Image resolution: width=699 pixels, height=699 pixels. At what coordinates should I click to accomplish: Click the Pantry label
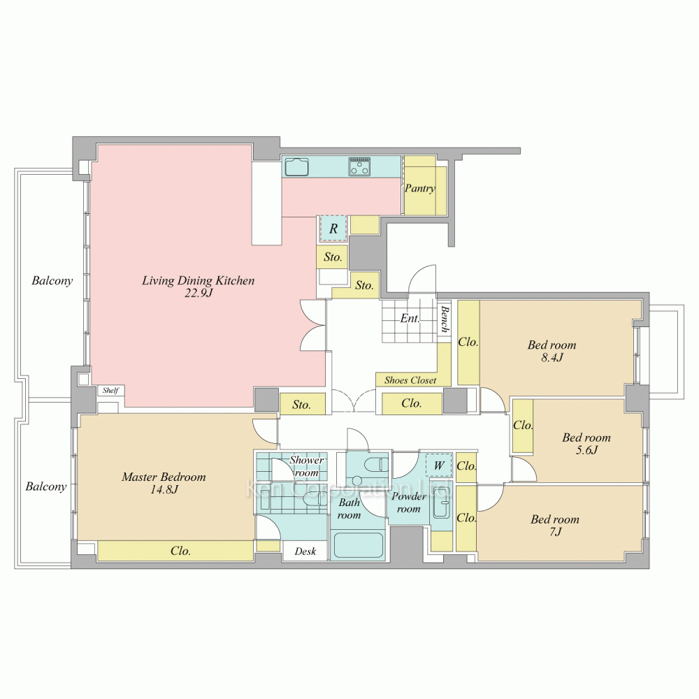point(419,189)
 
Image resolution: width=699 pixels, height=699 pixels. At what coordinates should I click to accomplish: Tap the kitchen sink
point(296,167)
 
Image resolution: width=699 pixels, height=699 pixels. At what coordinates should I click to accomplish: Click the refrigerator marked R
point(333,229)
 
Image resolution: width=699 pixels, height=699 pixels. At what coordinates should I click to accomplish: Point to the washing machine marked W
point(439,466)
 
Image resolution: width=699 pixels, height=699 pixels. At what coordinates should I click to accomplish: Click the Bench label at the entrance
point(445,319)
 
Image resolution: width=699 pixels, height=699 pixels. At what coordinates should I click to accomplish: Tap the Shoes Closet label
point(410,380)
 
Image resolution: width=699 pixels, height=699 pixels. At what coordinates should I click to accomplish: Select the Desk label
point(305,552)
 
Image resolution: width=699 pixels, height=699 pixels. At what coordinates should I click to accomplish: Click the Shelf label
point(110,391)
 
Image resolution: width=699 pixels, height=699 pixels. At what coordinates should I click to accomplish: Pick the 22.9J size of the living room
point(199,293)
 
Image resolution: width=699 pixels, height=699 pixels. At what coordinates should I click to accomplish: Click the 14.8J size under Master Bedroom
point(164,489)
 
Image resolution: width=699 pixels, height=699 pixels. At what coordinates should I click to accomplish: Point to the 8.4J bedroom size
point(552,357)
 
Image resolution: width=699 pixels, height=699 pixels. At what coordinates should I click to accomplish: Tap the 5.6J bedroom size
point(586,449)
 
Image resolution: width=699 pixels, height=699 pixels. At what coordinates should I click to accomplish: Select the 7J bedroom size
point(555,531)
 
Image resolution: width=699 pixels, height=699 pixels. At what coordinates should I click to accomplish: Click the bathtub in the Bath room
point(357,545)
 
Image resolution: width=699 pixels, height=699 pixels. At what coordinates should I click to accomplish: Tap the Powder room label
point(409,503)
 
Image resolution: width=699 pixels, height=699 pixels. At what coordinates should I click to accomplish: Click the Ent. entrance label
point(410,318)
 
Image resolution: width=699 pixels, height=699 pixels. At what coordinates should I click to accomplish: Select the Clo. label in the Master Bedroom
point(180,551)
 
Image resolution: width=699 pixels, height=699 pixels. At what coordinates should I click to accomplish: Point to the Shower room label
point(307,466)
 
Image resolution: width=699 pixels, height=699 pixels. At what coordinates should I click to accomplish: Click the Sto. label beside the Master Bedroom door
point(301,405)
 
